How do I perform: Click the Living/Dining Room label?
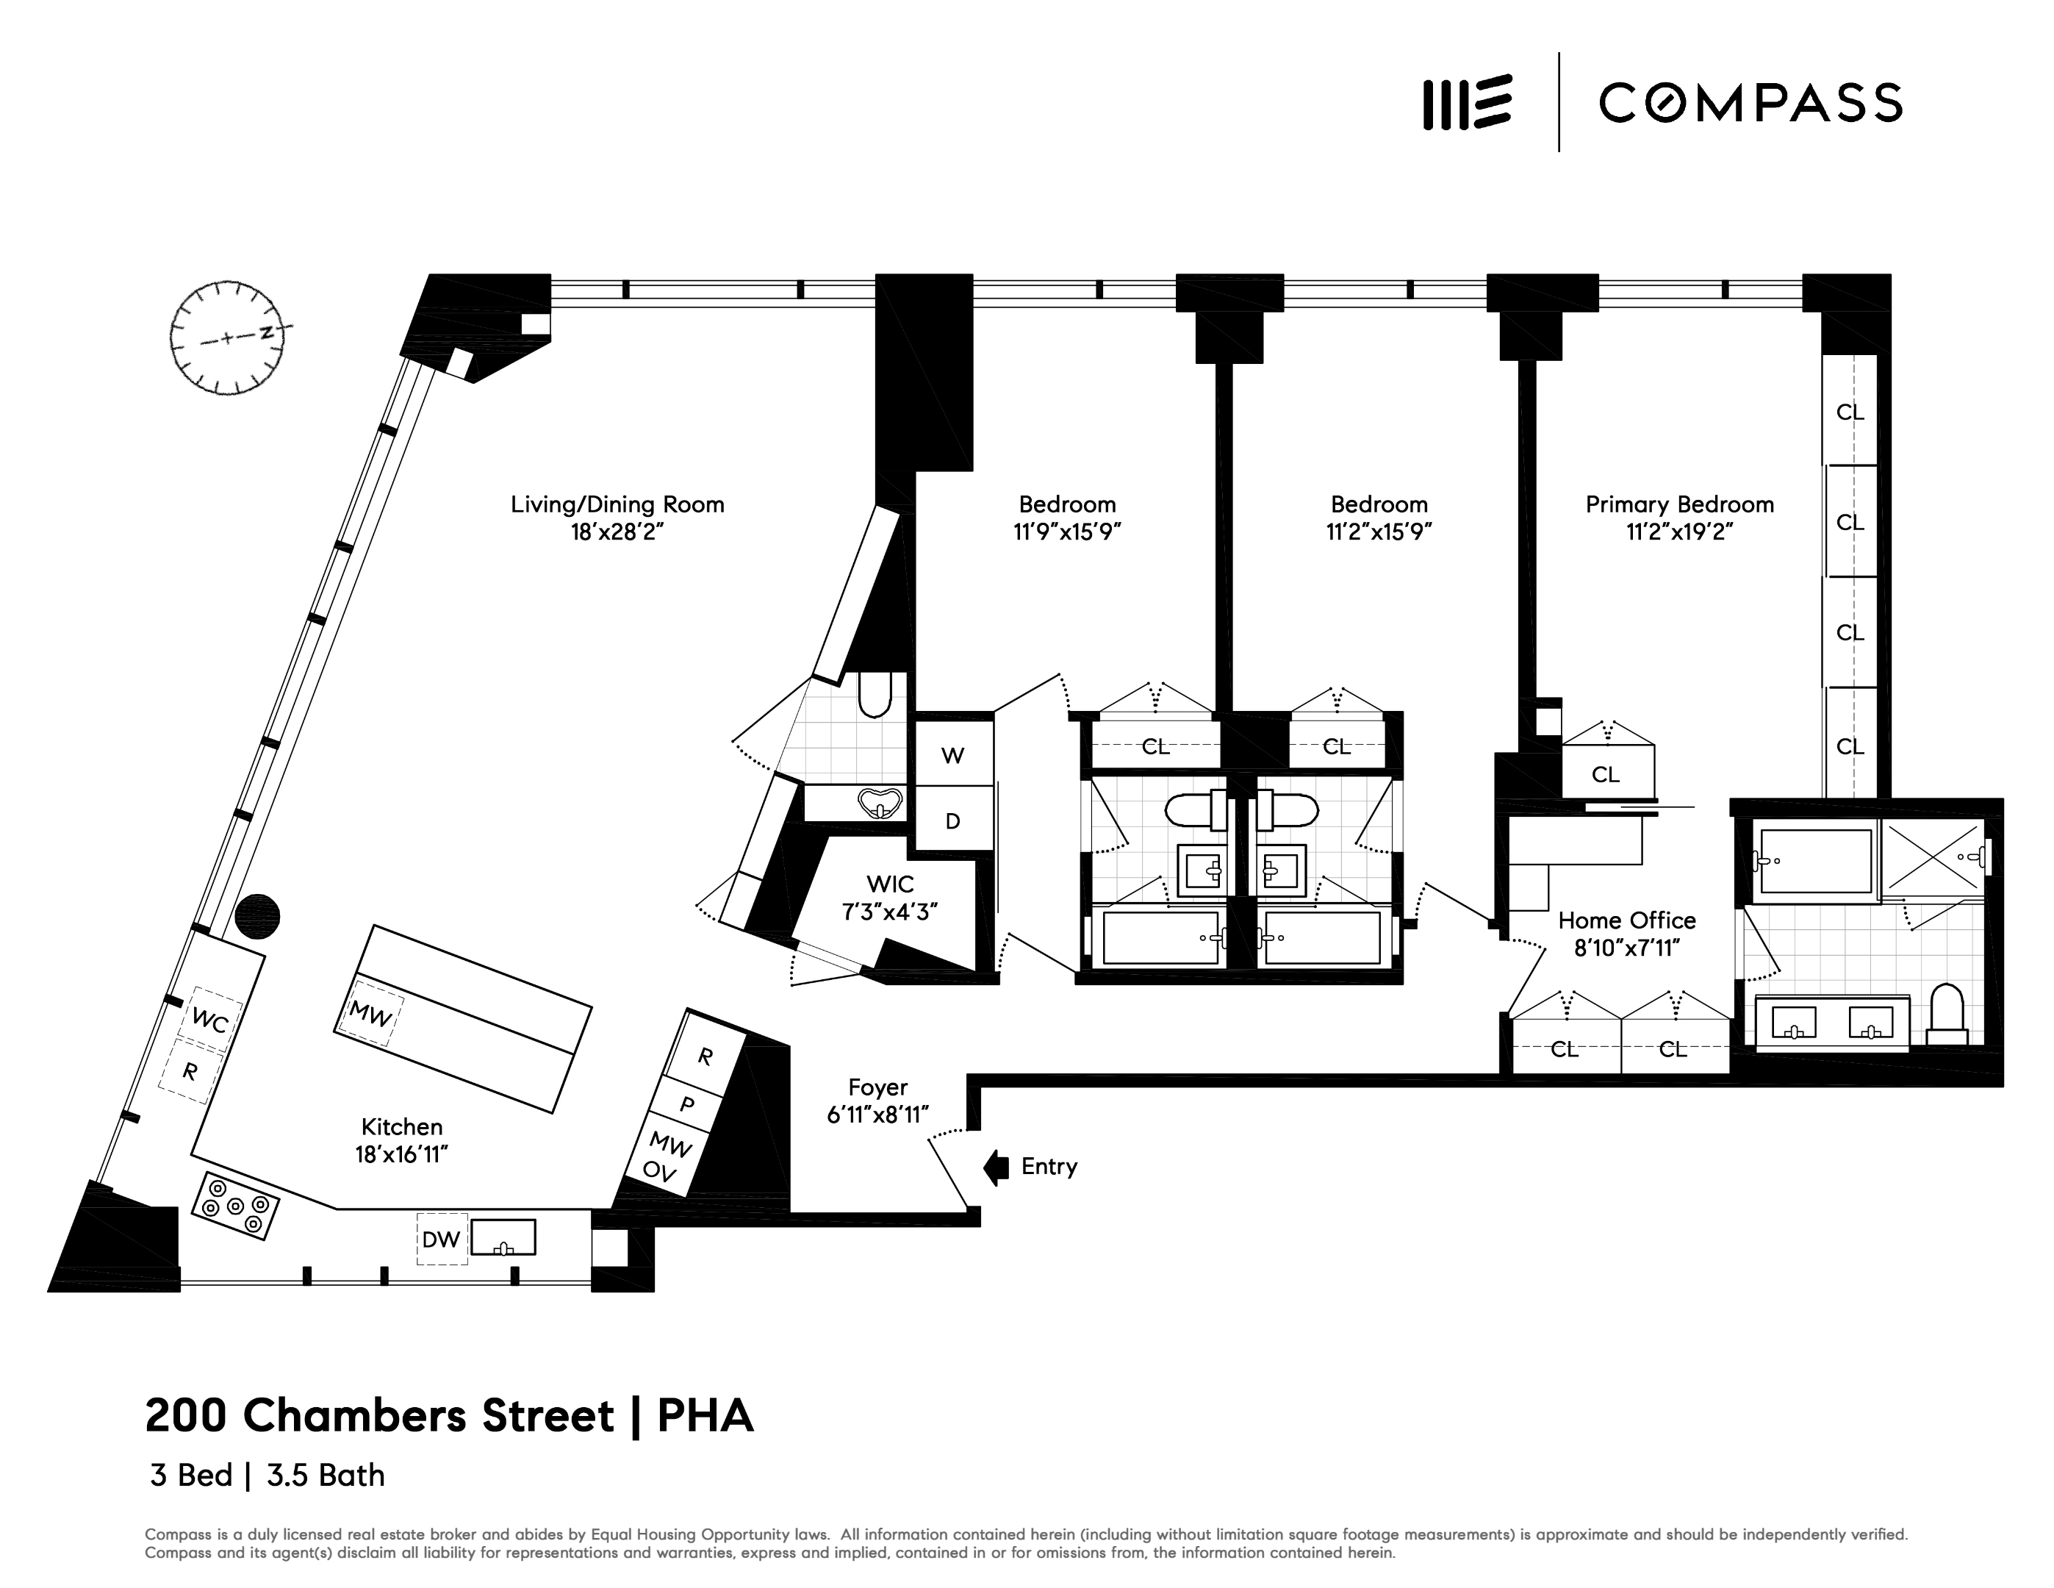pos(617,504)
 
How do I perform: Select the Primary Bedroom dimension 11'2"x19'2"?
pos(1680,532)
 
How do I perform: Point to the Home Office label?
pos(1627,920)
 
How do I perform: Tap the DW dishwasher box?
pos(441,1239)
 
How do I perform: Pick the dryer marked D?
pos(952,821)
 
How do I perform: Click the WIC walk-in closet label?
pos(890,884)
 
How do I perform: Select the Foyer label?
pos(877,1087)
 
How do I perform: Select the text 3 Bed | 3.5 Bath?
pos(267,1475)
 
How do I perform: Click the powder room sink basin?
pos(880,804)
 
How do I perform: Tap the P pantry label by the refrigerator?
pos(688,1104)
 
